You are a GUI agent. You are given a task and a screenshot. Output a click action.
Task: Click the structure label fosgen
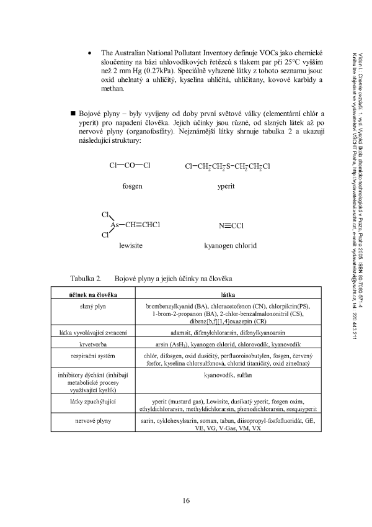point(132,186)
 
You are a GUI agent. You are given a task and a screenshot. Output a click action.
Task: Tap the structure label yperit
point(226,186)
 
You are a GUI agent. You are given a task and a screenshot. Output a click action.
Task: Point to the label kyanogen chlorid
point(230,246)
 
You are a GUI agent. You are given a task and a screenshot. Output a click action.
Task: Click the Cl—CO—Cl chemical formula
point(130,166)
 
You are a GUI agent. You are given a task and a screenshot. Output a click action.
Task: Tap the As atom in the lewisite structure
point(115,225)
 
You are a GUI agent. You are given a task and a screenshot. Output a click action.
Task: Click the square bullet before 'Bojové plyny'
point(73,115)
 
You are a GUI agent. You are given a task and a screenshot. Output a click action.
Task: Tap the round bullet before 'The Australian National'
point(91,54)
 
